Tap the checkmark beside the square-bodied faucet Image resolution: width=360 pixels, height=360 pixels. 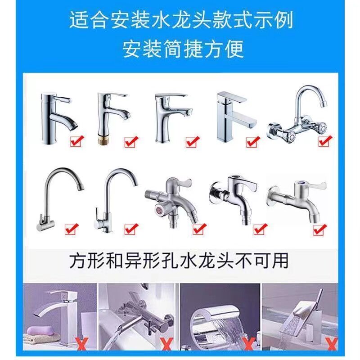point(253,142)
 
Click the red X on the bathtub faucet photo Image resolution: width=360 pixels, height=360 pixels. point(167,343)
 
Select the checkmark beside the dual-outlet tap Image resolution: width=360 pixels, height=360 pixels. point(199,229)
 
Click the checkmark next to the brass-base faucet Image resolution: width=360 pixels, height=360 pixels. point(131,142)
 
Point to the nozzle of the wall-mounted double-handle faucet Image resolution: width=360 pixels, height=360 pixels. point(323,103)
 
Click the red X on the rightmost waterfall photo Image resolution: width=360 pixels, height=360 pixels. point(332,343)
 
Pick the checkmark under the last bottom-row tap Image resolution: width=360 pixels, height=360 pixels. point(319,229)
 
